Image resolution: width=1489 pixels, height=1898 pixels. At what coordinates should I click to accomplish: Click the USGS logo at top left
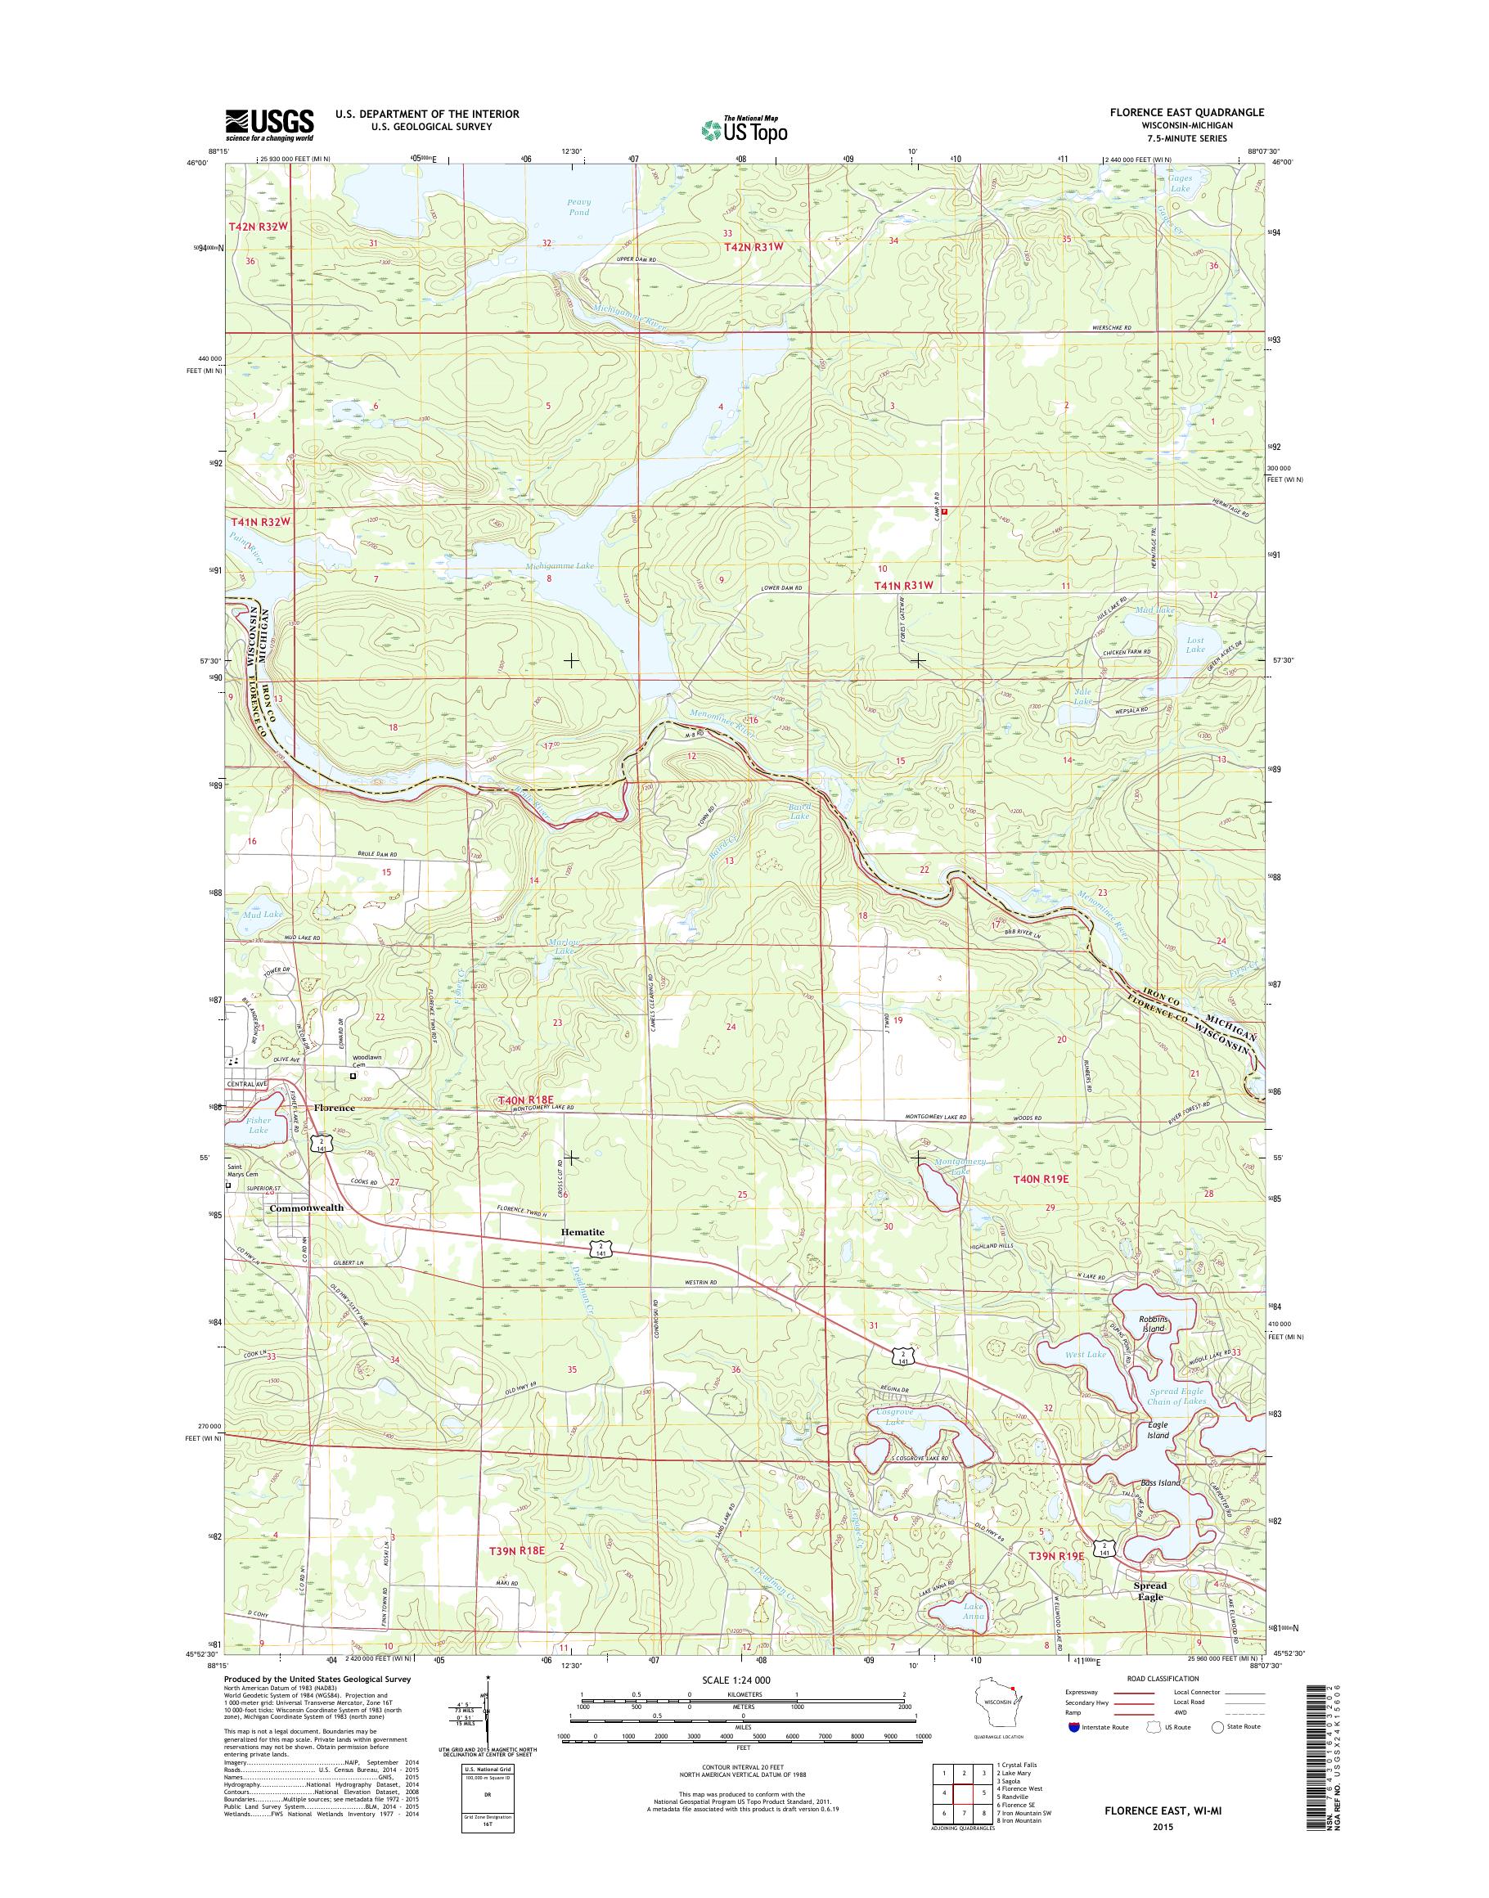(269, 124)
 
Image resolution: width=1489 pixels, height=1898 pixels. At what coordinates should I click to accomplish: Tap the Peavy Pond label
(578, 207)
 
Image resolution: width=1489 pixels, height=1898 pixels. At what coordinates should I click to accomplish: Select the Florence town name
(334, 1107)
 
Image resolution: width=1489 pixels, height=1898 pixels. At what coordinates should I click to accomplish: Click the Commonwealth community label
(306, 1208)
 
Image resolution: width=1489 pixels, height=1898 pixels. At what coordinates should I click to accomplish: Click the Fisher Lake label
(258, 1125)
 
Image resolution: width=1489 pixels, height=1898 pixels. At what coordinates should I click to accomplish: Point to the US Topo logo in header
(744, 130)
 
